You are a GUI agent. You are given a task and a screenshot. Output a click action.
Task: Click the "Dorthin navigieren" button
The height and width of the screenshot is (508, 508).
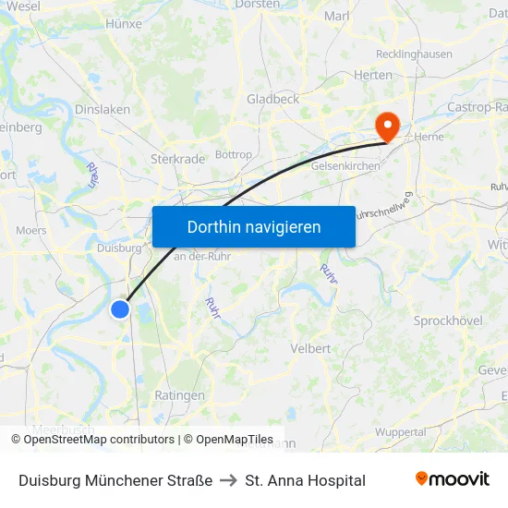(254, 226)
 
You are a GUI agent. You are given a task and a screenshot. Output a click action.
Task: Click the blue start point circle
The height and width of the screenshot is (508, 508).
(120, 309)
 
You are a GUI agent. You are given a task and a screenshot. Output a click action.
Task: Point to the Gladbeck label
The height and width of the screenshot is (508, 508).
(272, 99)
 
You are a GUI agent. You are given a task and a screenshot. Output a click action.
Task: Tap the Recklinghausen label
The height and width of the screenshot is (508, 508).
(414, 54)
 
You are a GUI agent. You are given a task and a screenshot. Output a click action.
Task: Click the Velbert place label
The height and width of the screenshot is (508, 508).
(310, 348)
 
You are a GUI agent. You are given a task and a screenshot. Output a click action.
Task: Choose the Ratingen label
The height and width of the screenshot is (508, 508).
(179, 395)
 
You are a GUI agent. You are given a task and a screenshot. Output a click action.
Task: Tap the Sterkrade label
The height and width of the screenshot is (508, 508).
(177, 159)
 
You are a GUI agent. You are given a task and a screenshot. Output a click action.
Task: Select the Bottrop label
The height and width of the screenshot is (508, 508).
(233, 154)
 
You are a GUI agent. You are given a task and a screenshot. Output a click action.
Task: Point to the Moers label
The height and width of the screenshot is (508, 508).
(31, 230)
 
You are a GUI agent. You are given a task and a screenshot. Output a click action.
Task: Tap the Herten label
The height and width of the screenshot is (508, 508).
(373, 76)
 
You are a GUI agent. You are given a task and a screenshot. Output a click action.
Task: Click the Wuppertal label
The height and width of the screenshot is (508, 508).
(400, 431)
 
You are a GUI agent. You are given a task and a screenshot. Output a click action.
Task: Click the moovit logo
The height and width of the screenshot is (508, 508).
(453, 479)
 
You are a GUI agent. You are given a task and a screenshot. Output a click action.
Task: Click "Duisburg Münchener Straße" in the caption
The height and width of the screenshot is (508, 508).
(115, 480)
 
